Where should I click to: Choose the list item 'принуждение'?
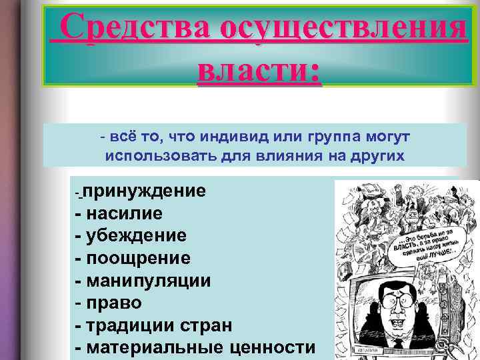[x=144, y=192]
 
